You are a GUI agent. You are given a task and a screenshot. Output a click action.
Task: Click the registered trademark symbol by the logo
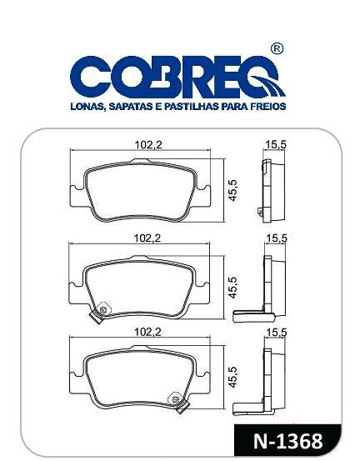tap(276, 49)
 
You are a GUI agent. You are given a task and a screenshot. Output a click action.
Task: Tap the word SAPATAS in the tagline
tap(131, 106)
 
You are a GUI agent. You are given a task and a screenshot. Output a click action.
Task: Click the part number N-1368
tap(287, 441)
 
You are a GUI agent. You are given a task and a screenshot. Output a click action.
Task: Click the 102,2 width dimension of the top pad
tap(148, 145)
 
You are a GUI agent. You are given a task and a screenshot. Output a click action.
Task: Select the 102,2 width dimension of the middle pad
tap(147, 238)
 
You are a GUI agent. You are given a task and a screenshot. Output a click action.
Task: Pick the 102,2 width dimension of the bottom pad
tap(147, 332)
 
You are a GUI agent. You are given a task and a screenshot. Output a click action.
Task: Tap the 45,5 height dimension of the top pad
tap(232, 190)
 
